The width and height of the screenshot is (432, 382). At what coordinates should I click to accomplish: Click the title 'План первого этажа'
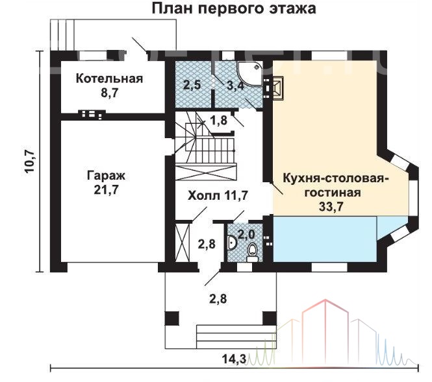coord(234,9)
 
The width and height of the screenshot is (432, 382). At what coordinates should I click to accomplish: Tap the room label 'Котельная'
coord(109,78)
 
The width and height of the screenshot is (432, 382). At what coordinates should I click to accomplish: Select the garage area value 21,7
coord(106,190)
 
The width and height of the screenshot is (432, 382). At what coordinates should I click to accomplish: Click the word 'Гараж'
coord(106,176)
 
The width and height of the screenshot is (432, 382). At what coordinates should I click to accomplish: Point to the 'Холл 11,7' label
coord(218,195)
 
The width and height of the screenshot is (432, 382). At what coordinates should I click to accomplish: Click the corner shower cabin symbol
coord(249,73)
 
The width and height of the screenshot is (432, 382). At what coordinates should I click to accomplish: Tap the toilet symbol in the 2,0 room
coord(252,253)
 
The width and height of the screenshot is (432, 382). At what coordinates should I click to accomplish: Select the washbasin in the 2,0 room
coord(232,243)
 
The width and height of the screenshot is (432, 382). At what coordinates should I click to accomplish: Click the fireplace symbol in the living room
coord(278,87)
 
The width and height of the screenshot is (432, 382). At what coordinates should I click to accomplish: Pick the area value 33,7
coord(331,206)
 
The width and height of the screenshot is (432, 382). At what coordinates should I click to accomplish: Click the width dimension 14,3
coord(234,359)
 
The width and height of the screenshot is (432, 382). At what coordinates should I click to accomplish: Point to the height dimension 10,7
coord(29,161)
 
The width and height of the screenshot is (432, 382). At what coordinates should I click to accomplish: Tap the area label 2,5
coord(192,85)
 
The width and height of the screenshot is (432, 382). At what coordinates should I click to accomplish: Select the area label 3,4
coord(235,86)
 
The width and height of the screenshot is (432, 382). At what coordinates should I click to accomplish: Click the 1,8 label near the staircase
coord(218,120)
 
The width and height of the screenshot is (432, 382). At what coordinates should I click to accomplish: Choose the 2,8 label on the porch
coord(218,299)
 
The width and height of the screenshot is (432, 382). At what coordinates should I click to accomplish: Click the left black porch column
coord(172,318)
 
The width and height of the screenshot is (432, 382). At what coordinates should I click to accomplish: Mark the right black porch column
coord(269,318)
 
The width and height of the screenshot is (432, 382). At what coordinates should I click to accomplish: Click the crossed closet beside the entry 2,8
coord(183,243)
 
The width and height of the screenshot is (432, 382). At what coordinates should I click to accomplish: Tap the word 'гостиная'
coord(332,192)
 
